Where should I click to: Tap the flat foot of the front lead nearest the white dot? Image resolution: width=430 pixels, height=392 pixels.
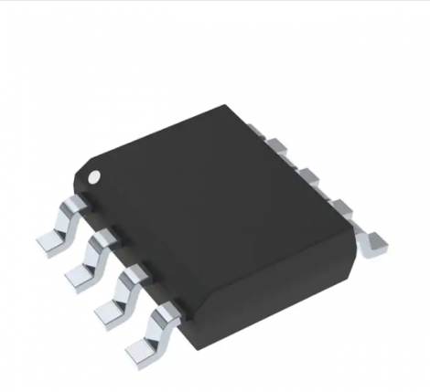point(48,239)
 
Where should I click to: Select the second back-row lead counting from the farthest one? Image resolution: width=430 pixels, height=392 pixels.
point(304,171)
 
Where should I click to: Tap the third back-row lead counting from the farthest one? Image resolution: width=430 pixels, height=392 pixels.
point(333,202)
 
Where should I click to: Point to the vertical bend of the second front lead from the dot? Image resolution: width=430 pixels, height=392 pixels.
point(98,248)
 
